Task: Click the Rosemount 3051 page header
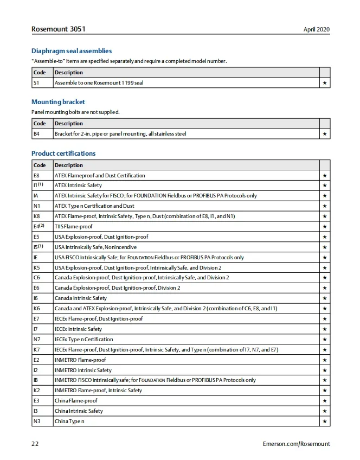[x=58, y=29]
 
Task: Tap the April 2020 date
[x=317, y=29]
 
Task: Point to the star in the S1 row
[x=324, y=83]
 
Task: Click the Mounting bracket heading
[x=58, y=102]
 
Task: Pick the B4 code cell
[x=36, y=133]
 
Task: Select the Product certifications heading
[x=63, y=154]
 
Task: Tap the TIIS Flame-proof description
[x=73, y=227]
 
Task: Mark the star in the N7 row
[x=324, y=340]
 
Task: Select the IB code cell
[x=35, y=380]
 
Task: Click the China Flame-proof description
[x=76, y=401]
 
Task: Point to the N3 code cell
[x=36, y=421]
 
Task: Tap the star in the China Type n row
[x=324, y=421]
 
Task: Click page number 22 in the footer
[x=35, y=444]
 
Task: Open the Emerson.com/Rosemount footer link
[x=296, y=444]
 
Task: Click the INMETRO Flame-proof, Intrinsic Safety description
[x=98, y=391]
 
